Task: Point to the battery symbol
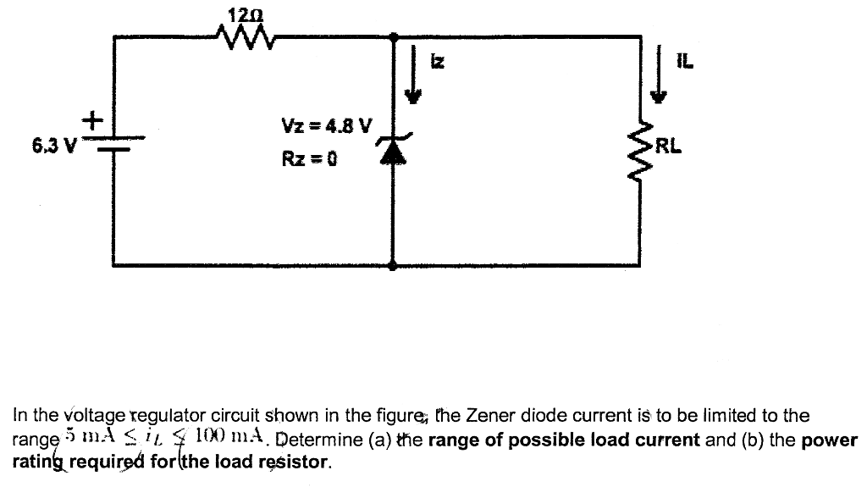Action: coord(113,144)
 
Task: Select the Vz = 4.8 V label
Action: coord(326,127)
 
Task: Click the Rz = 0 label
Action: coord(309,158)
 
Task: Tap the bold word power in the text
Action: coord(830,440)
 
